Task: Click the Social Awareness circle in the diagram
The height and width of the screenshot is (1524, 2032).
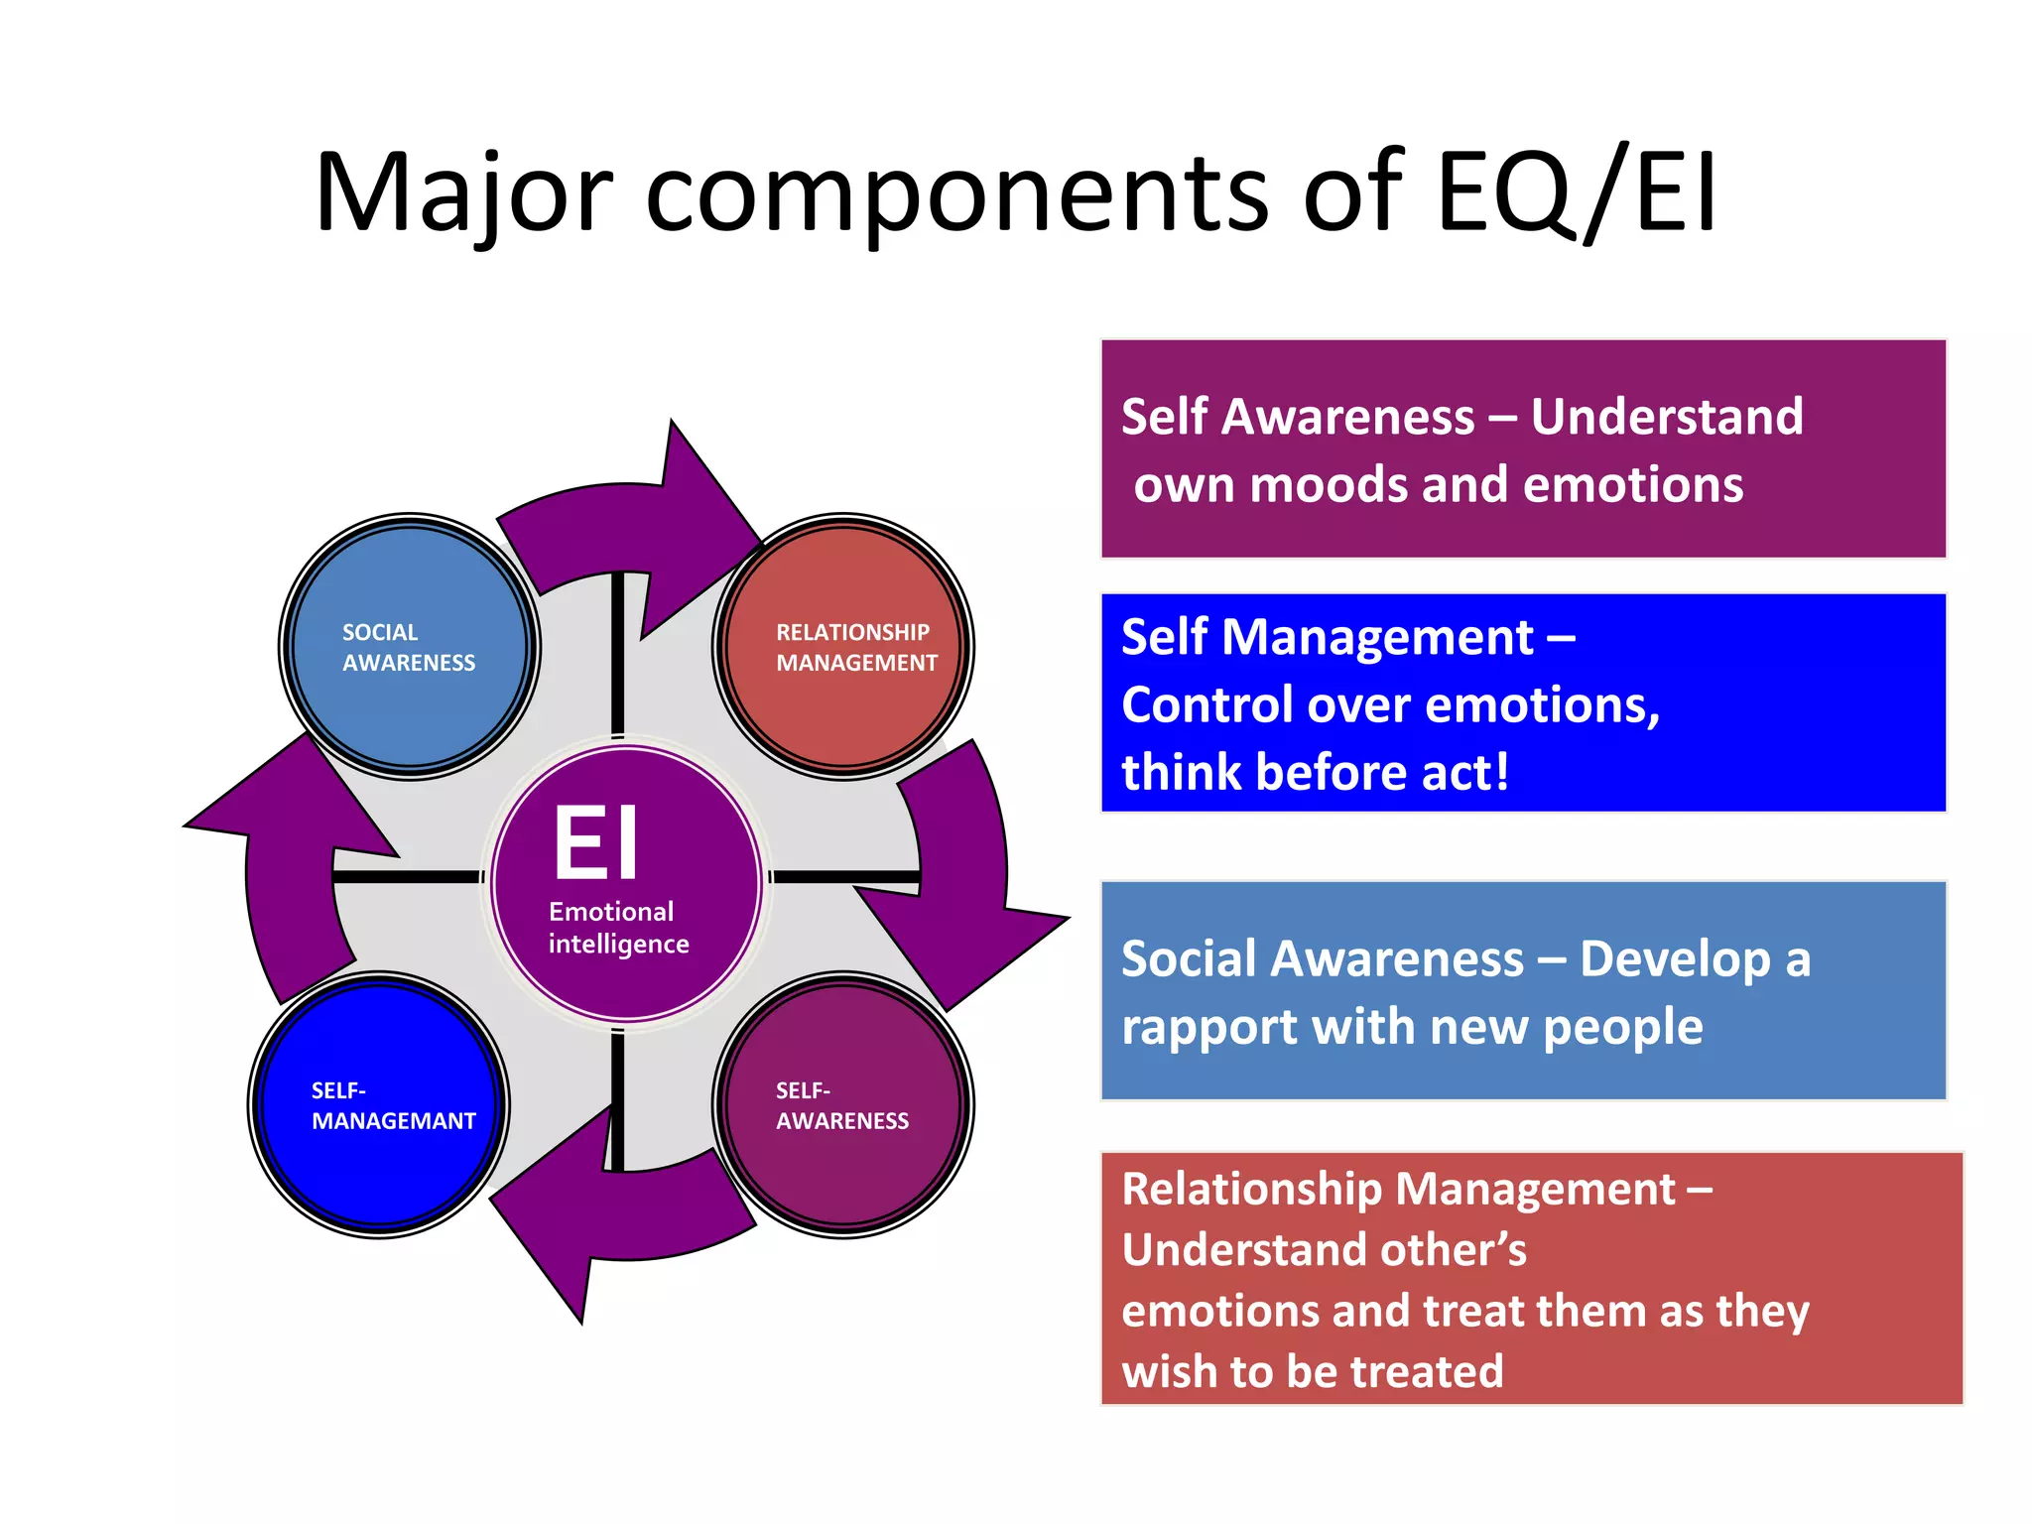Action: tap(410, 647)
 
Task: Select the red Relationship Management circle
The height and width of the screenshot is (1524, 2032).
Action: tap(843, 647)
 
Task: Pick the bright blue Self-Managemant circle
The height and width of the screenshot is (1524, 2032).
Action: tap(380, 1105)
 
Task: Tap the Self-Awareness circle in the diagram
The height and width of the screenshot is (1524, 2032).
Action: tap(843, 1105)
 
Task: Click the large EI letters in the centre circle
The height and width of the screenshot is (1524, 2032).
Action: tap(595, 843)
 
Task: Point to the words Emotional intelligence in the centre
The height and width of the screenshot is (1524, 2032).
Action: tap(617, 928)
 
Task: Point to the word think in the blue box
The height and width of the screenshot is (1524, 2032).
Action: tap(1182, 773)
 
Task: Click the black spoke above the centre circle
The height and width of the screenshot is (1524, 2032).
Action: tap(618, 655)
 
